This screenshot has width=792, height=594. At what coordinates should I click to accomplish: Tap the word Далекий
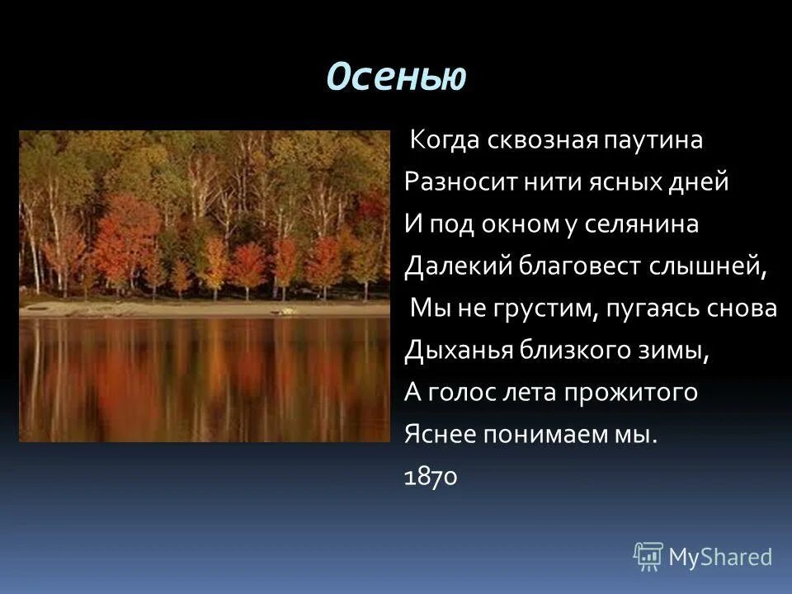(458, 266)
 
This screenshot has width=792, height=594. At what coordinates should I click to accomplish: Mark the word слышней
(719, 266)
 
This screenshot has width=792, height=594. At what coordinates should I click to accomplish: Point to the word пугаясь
(661, 309)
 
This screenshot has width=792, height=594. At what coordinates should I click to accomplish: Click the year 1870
(431, 478)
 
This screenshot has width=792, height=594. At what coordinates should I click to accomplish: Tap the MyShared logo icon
(648, 557)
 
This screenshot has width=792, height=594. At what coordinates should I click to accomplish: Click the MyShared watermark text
(721, 557)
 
